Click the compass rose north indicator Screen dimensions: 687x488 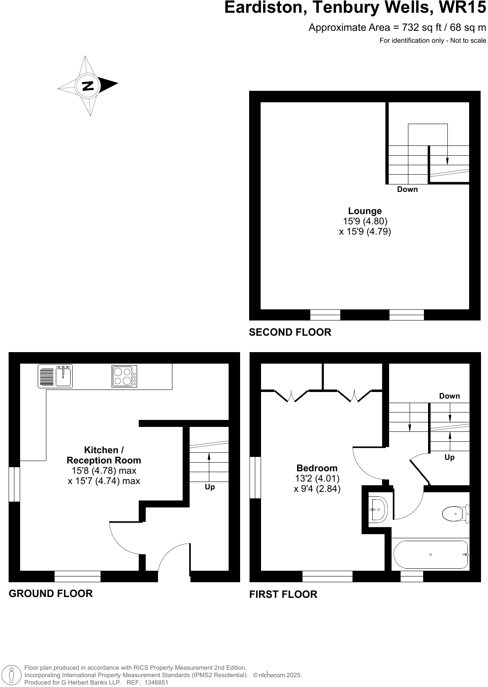(88, 85)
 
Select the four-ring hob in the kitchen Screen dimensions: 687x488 (124, 376)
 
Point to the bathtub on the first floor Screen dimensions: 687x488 (431, 554)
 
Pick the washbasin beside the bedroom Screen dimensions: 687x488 (378, 509)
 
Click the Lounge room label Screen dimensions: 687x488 (365, 211)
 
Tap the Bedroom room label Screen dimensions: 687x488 (317, 468)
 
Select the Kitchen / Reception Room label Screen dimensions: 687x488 (104, 455)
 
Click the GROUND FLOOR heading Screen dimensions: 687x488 (51, 593)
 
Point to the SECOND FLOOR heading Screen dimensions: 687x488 (290, 332)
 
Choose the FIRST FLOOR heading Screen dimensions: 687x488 (283, 595)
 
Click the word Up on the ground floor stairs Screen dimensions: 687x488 (210, 487)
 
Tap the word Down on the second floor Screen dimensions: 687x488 (407, 189)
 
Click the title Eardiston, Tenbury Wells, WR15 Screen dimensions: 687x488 (355, 8)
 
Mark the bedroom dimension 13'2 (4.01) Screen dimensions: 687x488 (317, 478)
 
